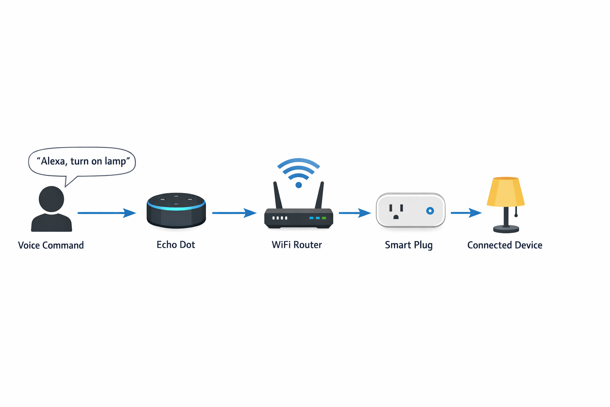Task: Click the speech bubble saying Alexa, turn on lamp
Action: pyautogui.click(x=82, y=161)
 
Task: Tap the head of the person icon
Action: pyautogui.click(x=51, y=199)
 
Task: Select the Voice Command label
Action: pyautogui.click(x=51, y=245)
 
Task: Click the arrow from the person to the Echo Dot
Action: pyautogui.click(x=106, y=213)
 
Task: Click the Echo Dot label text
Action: pyautogui.click(x=176, y=245)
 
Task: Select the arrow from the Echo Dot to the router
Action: pyautogui.click(x=234, y=213)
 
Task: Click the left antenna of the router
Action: pyautogui.click(x=277, y=195)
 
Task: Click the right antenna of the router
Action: pyautogui.click(x=320, y=195)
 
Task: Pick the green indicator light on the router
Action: pyautogui.click(x=324, y=218)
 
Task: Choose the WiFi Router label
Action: pyautogui.click(x=297, y=245)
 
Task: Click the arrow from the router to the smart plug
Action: pyautogui.click(x=354, y=213)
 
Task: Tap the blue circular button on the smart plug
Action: pyautogui.click(x=430, y=211)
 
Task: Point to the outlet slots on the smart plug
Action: pyautogui.click(x=396, y=211)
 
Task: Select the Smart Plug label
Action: pyautogui.click(x=409, y=245)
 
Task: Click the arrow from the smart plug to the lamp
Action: pyautogui.click(x=466, y=213)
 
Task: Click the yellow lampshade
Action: pyautogui.click(x=506, y=192)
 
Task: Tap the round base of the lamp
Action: pyautogui.click(x=506, y=229)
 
